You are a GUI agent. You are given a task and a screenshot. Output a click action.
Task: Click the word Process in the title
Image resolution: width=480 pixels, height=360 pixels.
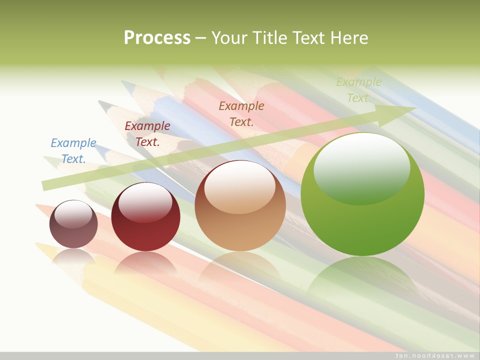pos(157,38)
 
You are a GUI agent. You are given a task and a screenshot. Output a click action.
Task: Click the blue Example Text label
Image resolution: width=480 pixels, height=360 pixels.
pos(73,150)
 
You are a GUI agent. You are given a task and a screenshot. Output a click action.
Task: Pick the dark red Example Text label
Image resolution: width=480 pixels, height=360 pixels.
pos(147,134)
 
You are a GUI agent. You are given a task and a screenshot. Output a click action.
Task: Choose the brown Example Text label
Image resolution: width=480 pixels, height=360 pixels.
pos(241,113)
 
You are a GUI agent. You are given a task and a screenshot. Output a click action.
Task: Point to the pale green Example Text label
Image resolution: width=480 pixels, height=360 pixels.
pos(358,90)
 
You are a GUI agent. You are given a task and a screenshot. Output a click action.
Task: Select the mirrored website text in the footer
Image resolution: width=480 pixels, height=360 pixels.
pos(434,355)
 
